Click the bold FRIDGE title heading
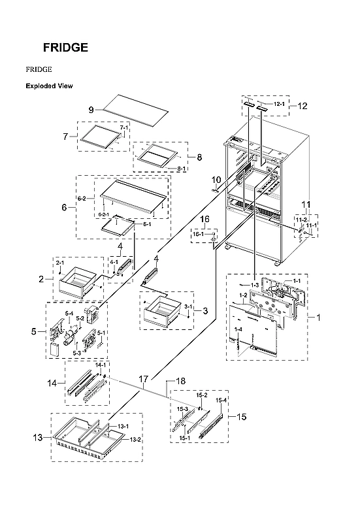65,48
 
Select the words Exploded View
49,86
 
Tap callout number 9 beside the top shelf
92,108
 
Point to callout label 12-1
279,104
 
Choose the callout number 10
216,179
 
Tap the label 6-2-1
103,214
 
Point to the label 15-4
221,400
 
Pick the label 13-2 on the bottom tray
135,439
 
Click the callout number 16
205,219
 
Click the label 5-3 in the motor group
76,353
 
